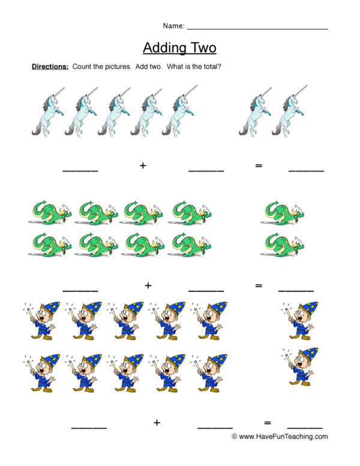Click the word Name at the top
[x=173, y=26]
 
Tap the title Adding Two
[x=179, y=47]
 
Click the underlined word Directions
[x=50, y=67]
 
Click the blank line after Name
[x=257, y=29]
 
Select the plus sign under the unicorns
[x=143, y=166]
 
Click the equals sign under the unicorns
[x=259, y=166]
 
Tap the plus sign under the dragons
[x=148, y=285]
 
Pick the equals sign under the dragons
[x=259, y=285]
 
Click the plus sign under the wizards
[x=157, y=422]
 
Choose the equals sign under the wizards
[x=267, y=422]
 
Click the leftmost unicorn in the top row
[x=48, y=112]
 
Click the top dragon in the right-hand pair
[x=282, y=213]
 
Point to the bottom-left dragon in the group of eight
[x=50, y=245]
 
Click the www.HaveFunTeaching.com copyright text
[x=280, y=436]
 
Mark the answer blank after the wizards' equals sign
[x=305, y=428]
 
